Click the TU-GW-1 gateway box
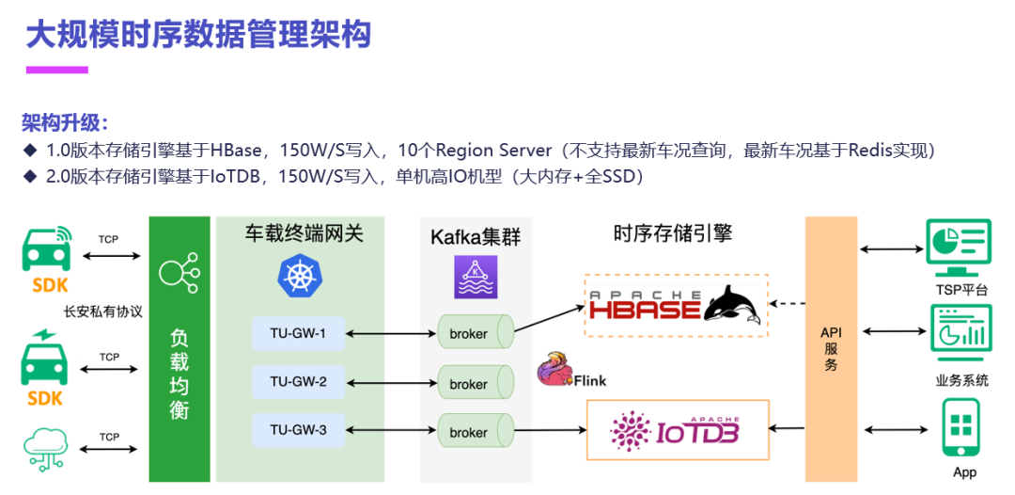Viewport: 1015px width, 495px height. (x=298, y=332)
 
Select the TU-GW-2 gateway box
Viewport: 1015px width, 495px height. (x=298, y=381)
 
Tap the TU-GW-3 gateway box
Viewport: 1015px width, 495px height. (x=298, y=430)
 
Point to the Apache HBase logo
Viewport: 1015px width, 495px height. (x=675, y=306)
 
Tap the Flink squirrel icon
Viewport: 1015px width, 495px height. (x=554, y=370)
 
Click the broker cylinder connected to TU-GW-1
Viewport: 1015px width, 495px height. (x=474, y=333)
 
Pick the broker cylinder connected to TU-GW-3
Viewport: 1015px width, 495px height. (x=474, y=432)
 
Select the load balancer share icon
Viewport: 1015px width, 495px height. (x=179, y=273)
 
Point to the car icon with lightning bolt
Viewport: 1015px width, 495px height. (x=44, y=359)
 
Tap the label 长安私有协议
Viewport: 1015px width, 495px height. (x=102, y=311)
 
